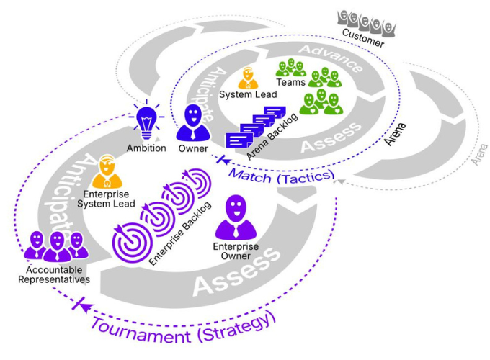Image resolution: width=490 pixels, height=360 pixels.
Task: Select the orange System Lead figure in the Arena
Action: [x=246, y=78]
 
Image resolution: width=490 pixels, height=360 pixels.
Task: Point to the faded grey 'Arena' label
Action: [x=476, y=154]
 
